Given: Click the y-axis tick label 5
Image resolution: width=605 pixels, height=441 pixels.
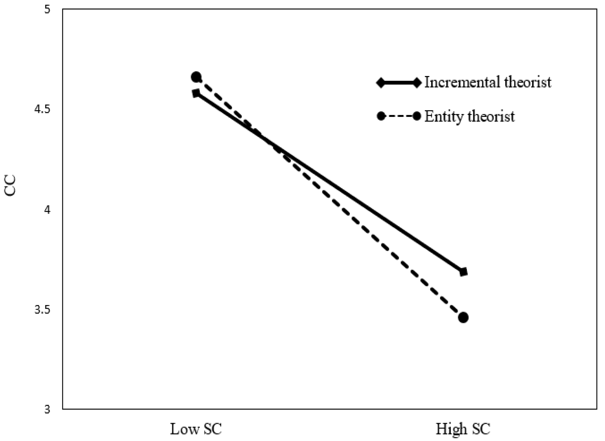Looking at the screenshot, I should (47, 9).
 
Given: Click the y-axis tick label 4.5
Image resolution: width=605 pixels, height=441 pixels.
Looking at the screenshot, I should (42, 109).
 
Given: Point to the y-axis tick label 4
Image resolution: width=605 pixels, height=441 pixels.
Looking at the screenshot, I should (47, 210).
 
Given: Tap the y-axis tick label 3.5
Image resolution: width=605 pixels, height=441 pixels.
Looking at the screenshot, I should (42, 309).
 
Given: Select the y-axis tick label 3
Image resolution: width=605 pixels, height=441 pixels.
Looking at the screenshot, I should (47, 410).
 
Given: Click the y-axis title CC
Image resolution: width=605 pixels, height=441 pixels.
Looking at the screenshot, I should (11, 186).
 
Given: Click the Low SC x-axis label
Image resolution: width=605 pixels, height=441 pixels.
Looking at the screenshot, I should (196, 429).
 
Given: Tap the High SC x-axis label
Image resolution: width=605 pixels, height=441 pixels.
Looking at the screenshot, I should (462, 429).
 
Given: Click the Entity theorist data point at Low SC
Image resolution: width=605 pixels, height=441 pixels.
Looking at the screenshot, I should (196, 77).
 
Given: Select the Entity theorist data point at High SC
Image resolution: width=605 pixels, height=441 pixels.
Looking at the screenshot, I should (463, 318).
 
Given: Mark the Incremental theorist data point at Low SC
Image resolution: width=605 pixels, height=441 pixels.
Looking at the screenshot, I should (196, 93).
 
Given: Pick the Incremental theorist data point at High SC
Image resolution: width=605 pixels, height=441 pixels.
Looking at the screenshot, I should (463, 272).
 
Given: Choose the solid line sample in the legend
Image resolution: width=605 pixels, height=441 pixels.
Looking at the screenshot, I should (399, 83).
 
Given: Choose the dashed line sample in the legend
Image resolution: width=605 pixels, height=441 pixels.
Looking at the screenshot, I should (399, 116).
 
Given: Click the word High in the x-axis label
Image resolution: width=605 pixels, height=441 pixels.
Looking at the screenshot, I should (448, 429).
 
